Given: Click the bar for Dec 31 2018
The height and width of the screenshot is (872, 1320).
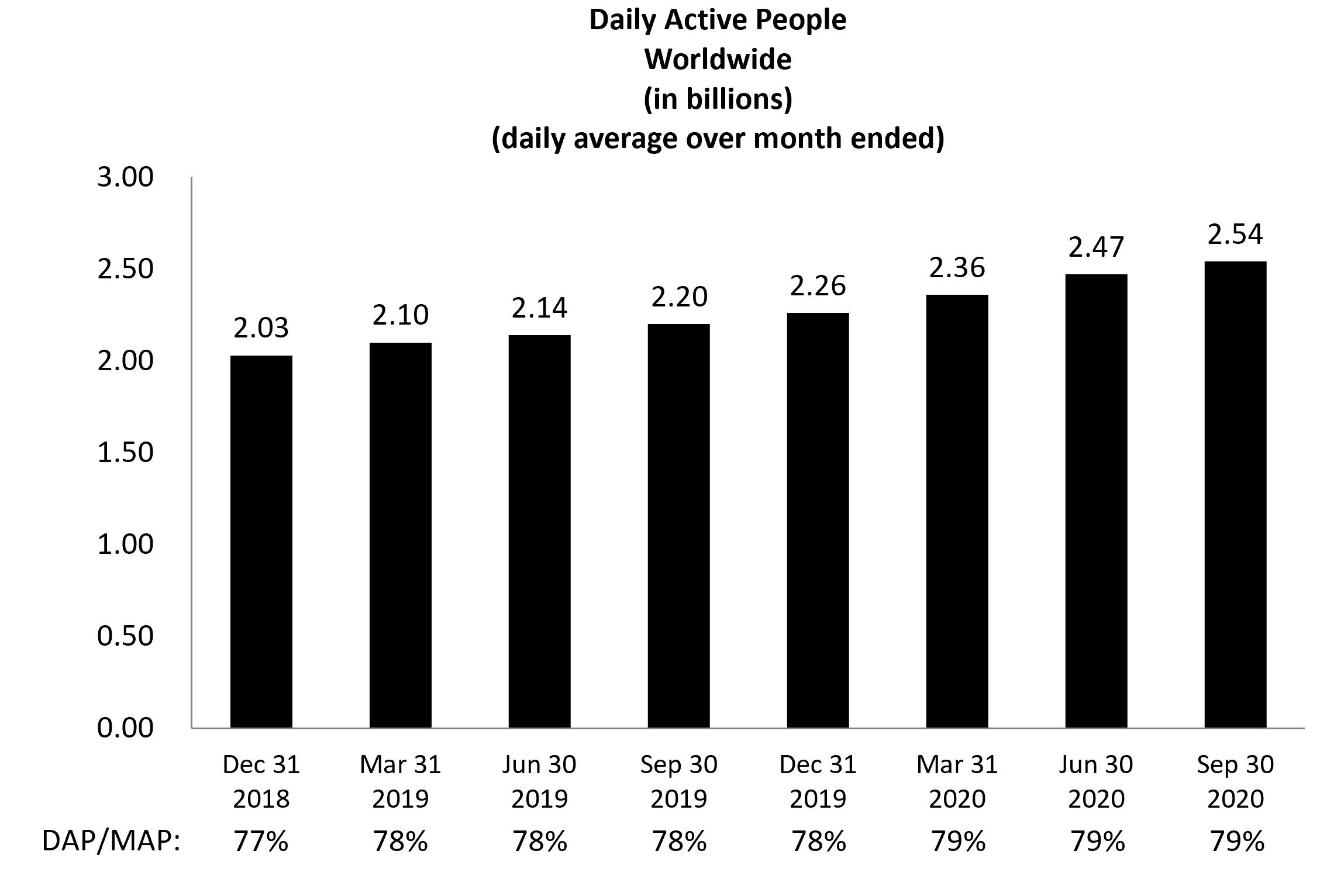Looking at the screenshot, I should (261, 541).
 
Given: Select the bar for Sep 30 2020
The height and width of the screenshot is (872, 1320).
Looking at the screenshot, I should (1235, 494).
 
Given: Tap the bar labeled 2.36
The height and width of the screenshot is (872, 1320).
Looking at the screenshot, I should (957, 511).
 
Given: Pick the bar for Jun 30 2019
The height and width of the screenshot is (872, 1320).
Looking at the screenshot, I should (539, 531).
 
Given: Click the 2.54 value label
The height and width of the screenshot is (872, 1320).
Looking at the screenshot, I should (1235, 235).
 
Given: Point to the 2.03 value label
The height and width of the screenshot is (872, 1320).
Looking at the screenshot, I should (261, 328).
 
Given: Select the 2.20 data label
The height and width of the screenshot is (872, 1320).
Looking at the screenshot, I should (679, 297).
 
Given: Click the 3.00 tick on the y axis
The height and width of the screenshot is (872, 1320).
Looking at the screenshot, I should (125, 177).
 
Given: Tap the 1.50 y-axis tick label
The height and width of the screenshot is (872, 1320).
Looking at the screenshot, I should (125, 453).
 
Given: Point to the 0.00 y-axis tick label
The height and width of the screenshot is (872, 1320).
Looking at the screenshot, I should (125, 728).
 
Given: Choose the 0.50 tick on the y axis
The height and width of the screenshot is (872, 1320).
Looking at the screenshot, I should (125, 636).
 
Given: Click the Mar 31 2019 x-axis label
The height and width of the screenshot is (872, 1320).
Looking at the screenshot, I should (400, 781).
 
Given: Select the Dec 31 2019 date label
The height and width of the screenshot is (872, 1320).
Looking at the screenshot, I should (818, 781).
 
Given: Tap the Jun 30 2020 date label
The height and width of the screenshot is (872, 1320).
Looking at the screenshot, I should (1096, 781).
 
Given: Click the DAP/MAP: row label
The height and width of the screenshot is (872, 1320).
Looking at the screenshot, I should (111, 842).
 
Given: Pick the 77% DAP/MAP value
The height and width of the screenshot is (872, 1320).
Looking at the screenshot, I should (261, 842).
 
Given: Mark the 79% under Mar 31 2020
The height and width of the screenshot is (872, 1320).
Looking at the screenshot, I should (957, 842).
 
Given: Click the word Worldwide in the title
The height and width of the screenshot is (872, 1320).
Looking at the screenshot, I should (718, 59).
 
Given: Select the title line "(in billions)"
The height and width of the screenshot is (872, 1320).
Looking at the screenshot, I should (718, 99).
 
